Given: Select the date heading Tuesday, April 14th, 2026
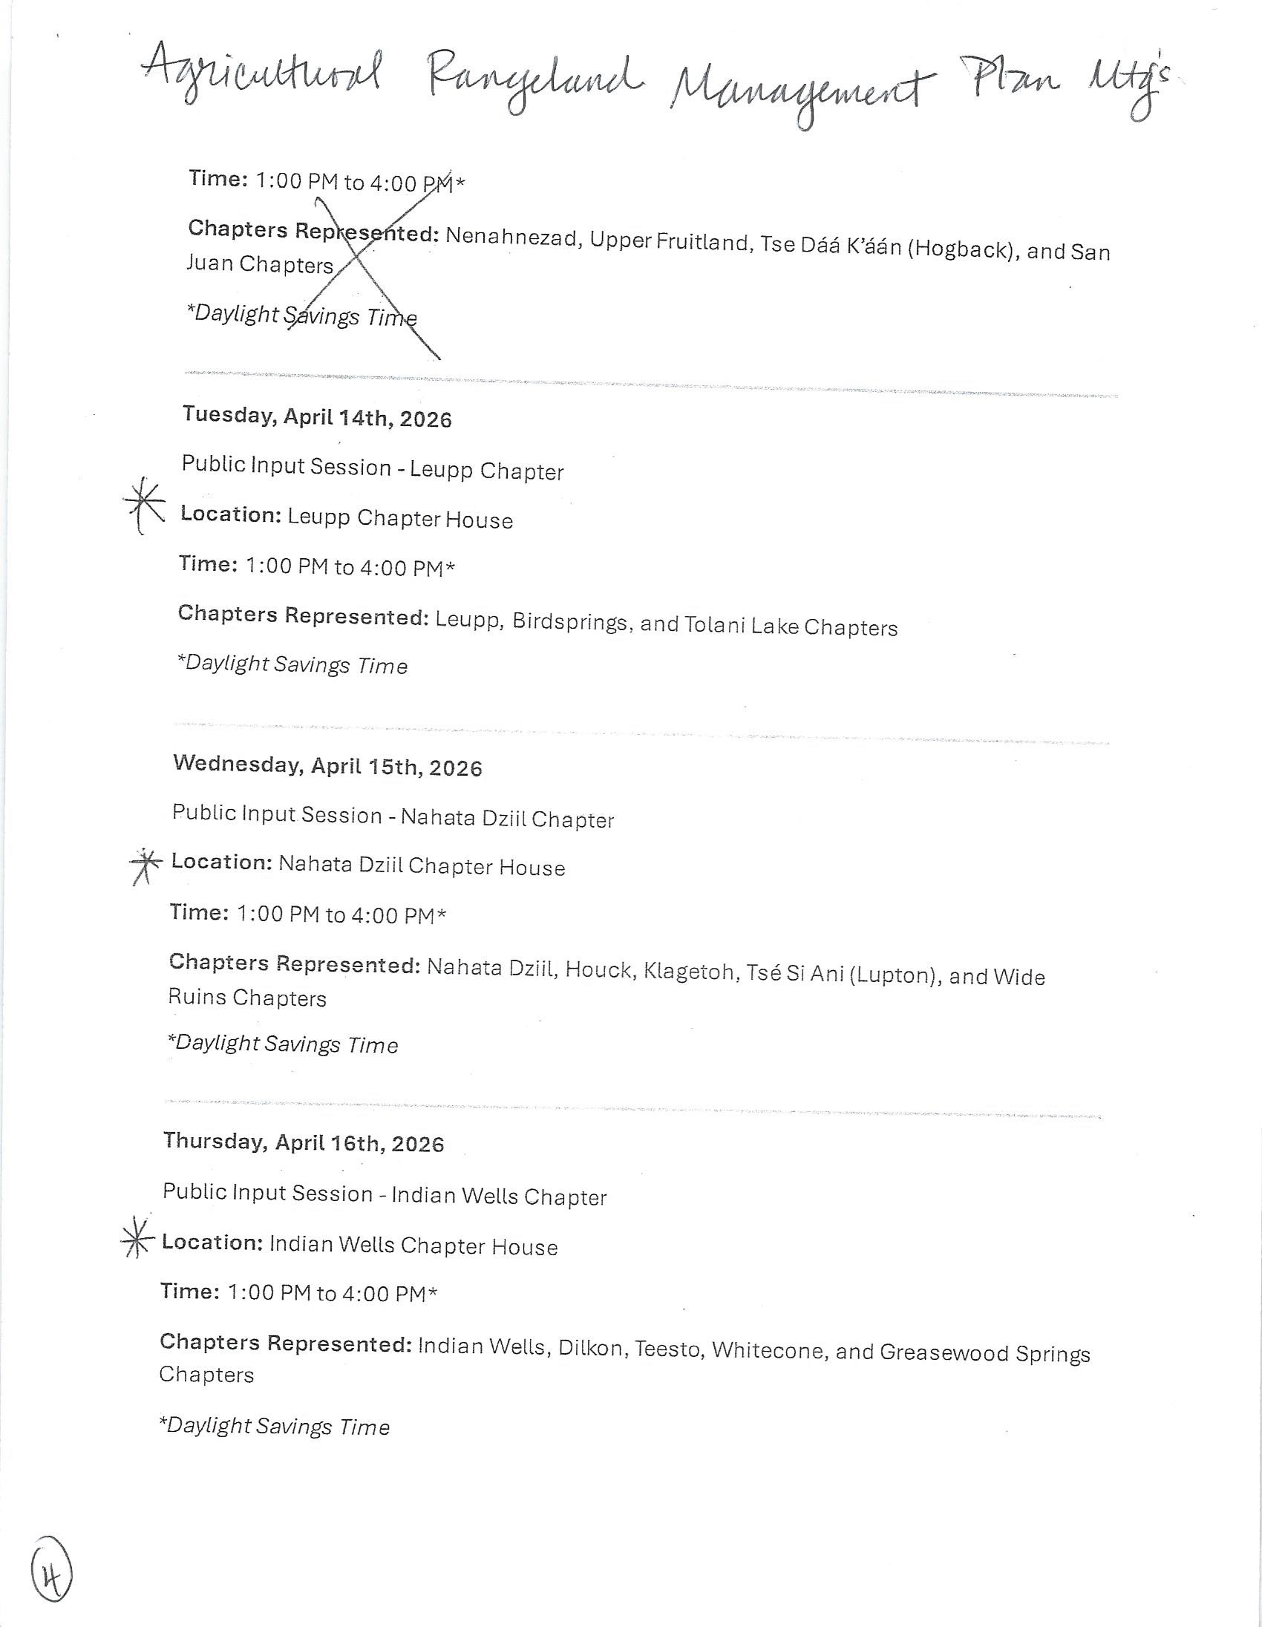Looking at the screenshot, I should click(317, 416).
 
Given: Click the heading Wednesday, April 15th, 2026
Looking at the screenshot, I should click(327, 766).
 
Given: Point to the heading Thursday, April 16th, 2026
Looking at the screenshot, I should click(304, 1142).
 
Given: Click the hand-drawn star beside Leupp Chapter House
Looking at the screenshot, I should click(144, 505).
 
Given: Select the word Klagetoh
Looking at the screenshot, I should click(688, 973).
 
